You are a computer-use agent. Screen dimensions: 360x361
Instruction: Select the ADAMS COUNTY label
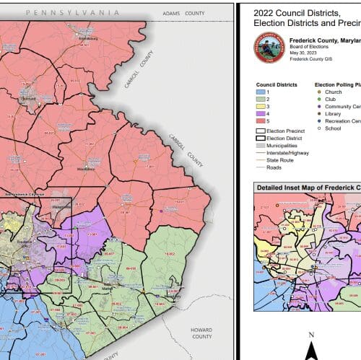(x=180, y=13)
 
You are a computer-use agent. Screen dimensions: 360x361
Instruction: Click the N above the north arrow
(x=311, y=335)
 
